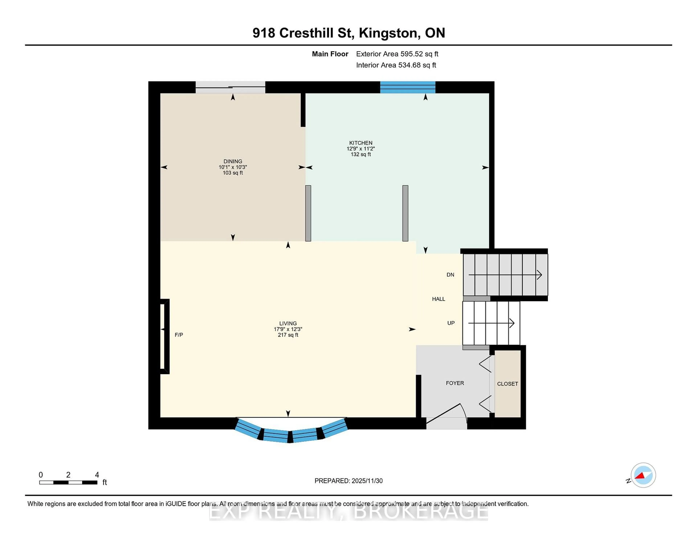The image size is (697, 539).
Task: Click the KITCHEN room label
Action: point(361,143)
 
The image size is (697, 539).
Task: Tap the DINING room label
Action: point(233,161)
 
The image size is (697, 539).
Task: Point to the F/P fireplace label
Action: point(179,335)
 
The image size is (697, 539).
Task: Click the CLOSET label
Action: point(508,384)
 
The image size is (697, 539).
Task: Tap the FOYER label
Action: point(455,383)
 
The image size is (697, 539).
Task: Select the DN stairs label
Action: point(450,275)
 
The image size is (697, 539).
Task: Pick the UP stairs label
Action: point(451,323)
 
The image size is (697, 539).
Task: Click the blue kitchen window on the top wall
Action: point(407,87)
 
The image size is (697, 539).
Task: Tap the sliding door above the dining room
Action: point(230,87)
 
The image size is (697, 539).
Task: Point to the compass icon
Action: point(643,475)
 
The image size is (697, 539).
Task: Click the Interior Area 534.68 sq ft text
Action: point(396,65)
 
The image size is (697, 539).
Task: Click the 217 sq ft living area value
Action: point(288,335)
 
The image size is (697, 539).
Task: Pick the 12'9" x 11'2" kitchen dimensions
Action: point(361,149)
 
